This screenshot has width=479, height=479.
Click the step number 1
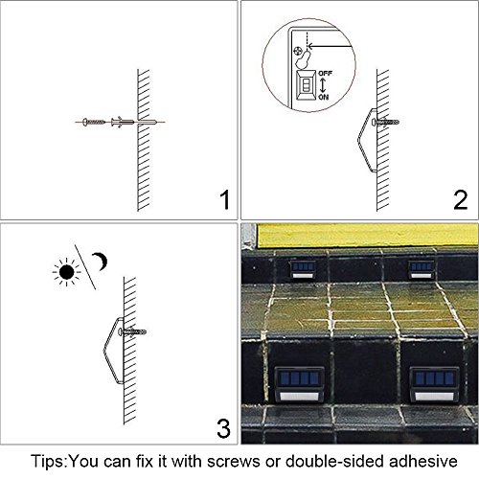[x=225, y=200]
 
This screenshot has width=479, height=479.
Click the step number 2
[x=461, y=200]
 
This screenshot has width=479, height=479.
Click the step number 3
[x=223, y=428]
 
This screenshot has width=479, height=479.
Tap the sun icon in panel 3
[x=66, y=272]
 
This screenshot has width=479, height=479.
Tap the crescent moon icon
[x=101, y=262]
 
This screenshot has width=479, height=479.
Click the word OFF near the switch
[x=326, y=74]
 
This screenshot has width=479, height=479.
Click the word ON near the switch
[x=324, y=97]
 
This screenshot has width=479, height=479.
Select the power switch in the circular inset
[x=307, y=85]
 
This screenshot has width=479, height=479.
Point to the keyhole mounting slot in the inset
[x=303, y=58]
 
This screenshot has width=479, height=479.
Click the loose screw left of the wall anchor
[x=94, y=122]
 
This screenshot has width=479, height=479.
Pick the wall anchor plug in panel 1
[x=123, y=122]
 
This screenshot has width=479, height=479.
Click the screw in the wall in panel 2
[x=385, y=122]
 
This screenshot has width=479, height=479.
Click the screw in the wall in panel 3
[x=132, y=332]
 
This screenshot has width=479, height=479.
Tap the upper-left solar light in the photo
[x=303, y=269]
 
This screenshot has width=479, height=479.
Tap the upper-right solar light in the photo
[x=422, y=269]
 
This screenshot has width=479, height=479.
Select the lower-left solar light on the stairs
[x=299, y=384]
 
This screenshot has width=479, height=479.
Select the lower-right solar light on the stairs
[x=435, y=384]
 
